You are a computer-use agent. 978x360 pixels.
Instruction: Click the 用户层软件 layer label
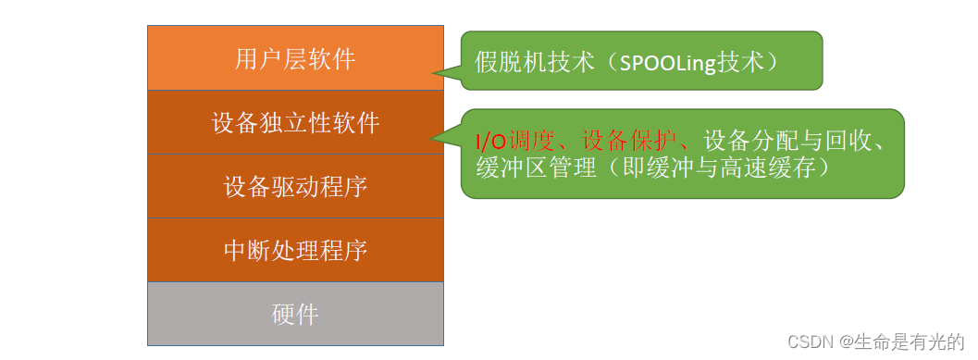click(x=295, y=59)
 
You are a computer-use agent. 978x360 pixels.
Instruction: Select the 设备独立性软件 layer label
click(x=295, y=123)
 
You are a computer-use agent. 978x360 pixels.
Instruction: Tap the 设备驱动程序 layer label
click(x=295, y=187)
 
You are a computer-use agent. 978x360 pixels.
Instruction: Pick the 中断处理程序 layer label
click(x=295, y=251)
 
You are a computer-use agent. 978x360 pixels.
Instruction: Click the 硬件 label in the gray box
click(x=295, y=315)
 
